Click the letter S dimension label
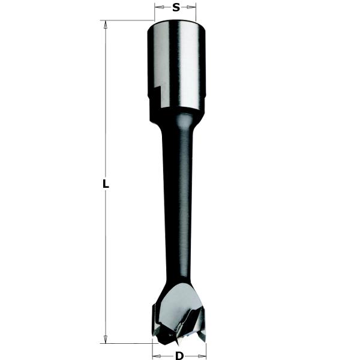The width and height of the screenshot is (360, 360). tap(176, 8)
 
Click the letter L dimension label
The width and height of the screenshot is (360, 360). tap(106, 185)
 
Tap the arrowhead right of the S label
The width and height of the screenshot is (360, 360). tap(193, 8)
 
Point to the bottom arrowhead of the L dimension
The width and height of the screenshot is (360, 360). tap(106, 339)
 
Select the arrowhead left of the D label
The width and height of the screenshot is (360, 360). tap(155, 356)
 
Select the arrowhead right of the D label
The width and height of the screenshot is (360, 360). tap(202, 356)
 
